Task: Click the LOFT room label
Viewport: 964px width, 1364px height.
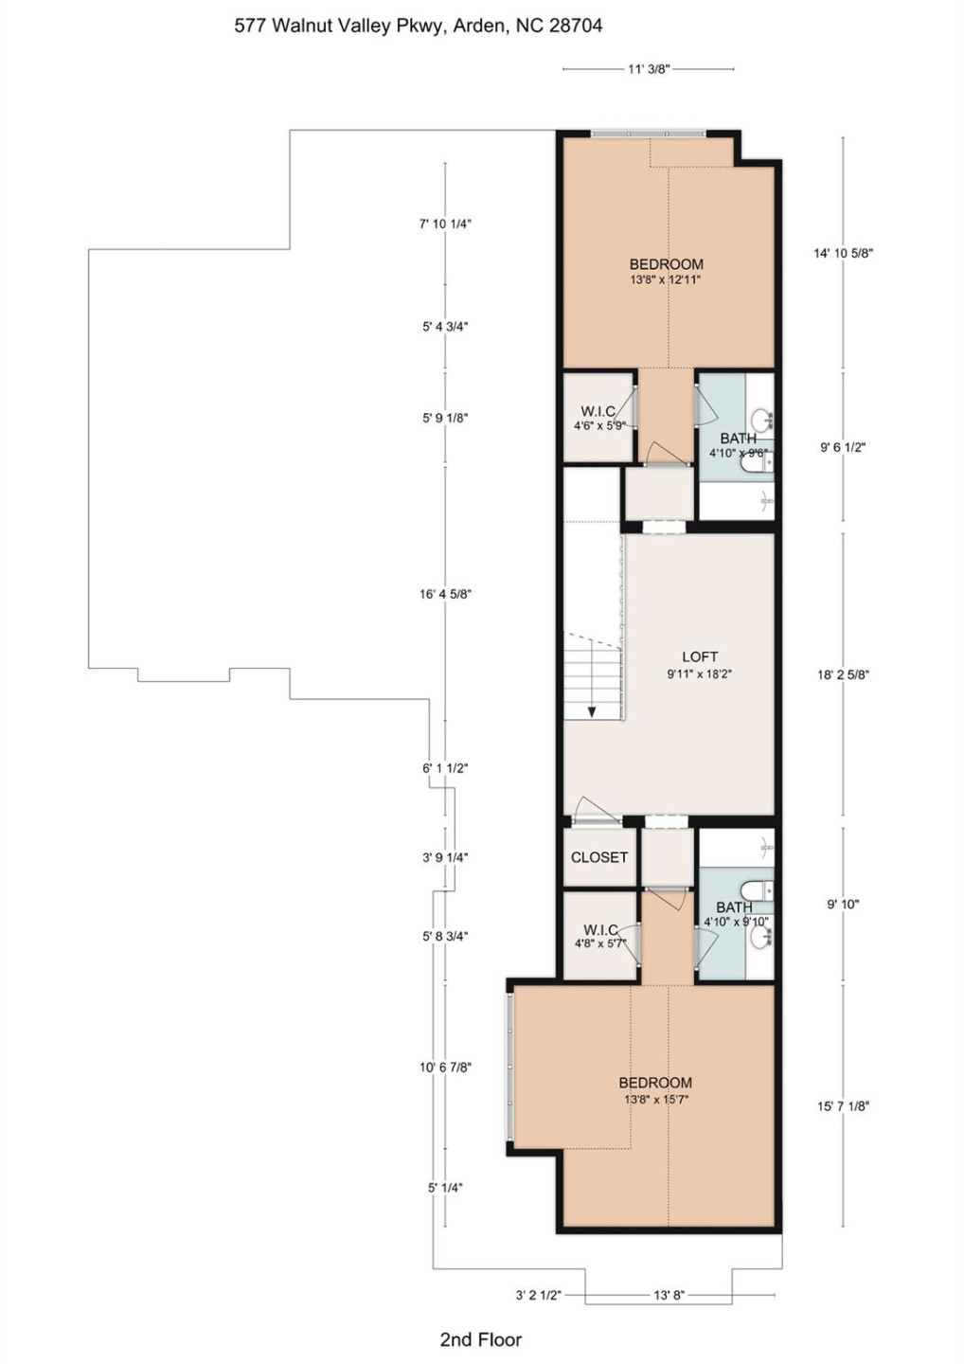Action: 700,656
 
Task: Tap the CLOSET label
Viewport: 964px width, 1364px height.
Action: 598,857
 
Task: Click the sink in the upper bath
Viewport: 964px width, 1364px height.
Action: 760,420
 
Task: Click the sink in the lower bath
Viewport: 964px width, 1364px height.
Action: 760,937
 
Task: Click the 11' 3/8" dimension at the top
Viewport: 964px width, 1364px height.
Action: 649,69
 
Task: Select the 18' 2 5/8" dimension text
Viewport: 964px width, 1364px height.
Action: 843,675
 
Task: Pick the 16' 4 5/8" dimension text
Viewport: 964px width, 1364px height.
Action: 445,595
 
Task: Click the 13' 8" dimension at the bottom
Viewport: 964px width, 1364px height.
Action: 669,1295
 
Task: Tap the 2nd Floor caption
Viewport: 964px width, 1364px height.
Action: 480,1339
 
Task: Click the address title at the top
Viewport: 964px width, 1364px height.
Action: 418,27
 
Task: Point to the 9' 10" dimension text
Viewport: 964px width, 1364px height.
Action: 843,905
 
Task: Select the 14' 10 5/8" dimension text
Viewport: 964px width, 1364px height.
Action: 843,253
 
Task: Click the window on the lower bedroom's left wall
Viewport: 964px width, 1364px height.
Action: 510,1065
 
